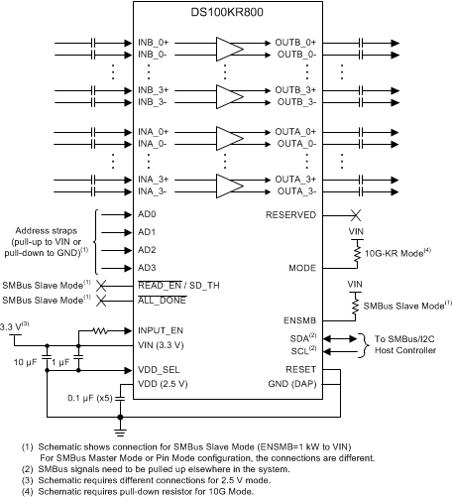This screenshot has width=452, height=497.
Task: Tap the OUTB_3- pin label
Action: pyautogui.click(x=296, y=101)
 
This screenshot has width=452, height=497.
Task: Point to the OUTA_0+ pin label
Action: pyautogui.click(x=296, y=132)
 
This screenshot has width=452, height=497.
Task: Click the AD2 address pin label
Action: pyautogui.click(x=147, y=249)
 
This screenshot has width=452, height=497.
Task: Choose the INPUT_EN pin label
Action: pyautogui.click(x=161, y=329)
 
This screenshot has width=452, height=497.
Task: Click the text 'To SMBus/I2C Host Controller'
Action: pyautogui.click(x=411, y=346)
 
